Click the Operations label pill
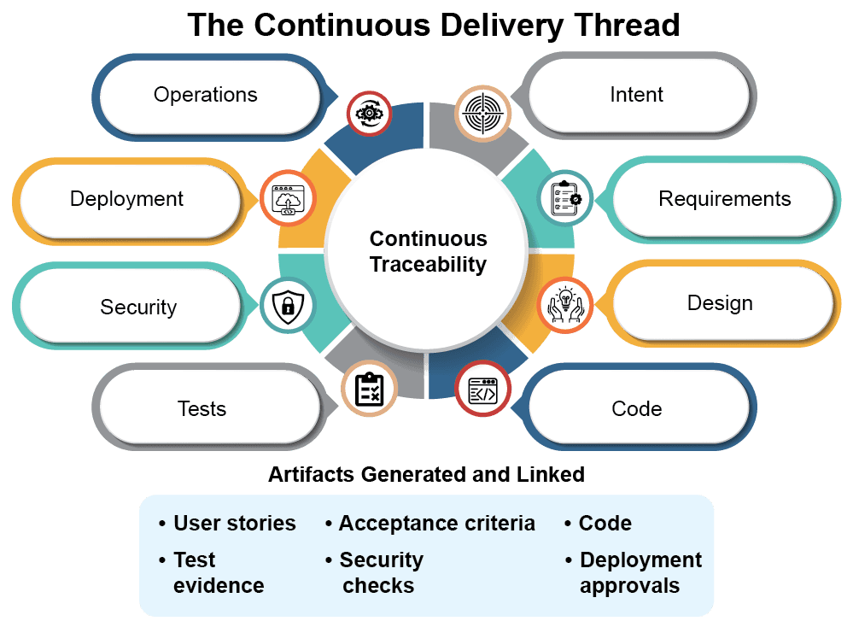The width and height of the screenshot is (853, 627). (206, 94)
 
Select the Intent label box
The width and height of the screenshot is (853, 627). (637, 94)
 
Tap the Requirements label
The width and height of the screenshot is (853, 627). (724, 199)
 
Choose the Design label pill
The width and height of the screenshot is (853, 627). (720, 303)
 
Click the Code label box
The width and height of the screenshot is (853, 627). (637, 408)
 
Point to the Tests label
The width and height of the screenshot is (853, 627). (202, 408)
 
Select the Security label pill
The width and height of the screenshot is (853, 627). (138, 307)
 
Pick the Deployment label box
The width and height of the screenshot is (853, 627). (127, 199)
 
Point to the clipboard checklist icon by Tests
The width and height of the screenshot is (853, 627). (369, 390)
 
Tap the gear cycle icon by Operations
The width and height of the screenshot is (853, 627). (369, 112)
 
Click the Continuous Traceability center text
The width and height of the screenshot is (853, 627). (428, 252)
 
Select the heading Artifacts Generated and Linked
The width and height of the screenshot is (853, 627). (426, 474)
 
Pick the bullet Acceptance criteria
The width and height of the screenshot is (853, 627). (436, 524)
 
